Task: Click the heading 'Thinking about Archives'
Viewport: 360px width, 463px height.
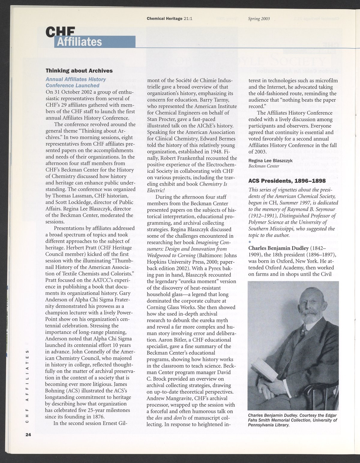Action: point(79,71)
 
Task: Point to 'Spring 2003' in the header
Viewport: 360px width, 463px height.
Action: point(259,19)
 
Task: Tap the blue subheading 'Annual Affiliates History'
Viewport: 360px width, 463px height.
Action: point(76,79)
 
